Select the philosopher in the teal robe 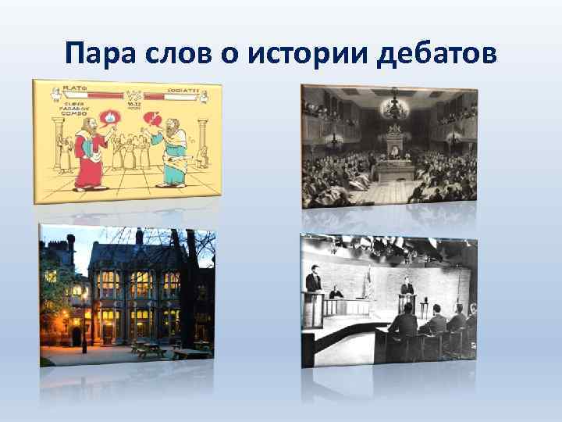(x=173, y=152)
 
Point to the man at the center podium (x=407, y=291)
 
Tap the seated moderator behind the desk (x=336, y=294)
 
